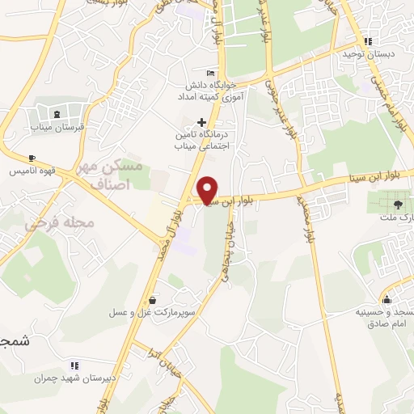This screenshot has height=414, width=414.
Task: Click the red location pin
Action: click(x=208, y=189)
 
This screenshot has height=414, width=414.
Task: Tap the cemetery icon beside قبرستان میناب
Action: click(x=57, y=111)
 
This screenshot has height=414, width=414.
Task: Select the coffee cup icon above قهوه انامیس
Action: click(x=32, y=158)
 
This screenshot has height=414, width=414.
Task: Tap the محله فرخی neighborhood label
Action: click(x=60, y=222)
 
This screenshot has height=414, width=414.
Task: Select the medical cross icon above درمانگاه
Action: click(x=201, y=121)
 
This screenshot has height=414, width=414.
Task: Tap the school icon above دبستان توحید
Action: click(x=369, y=40)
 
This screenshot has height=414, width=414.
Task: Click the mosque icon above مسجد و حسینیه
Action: click(x=387, y=298)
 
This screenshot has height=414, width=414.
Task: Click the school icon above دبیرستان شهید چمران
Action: click(x=75, y=365)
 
